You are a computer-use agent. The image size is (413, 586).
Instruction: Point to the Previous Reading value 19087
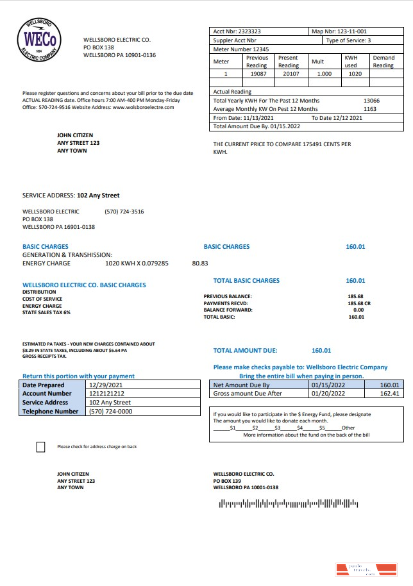tap(257, 74)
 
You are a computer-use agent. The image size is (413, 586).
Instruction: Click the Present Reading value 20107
tap(288, 74)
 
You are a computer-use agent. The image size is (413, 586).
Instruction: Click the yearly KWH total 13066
tap(371, 101)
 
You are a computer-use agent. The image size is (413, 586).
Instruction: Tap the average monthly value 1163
tap(370, 109)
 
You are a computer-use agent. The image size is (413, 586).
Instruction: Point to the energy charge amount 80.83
tap(200, 263)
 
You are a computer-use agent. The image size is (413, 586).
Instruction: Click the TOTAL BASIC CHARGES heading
tap(246, 281)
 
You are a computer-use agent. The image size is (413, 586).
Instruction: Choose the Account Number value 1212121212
tap(106, 394)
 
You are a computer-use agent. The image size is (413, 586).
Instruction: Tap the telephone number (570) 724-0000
tap(110, 412)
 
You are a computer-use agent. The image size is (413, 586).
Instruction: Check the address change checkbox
tap(41, 447)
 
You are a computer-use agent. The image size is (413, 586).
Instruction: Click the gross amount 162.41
tap(389, 394)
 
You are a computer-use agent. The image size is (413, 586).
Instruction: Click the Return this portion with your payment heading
tap(78, 376)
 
